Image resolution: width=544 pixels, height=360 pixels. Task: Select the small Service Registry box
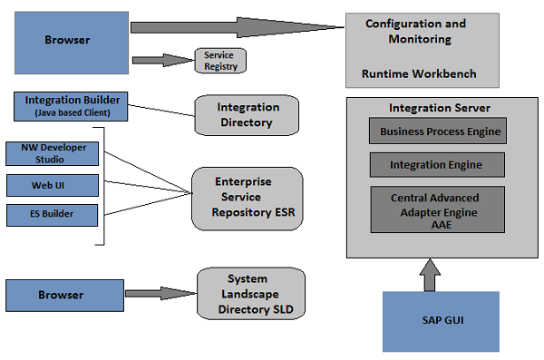pos(220,61)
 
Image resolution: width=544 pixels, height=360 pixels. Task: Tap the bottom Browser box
pos(63,295)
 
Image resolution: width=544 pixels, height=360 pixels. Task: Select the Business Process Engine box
pos(440,131)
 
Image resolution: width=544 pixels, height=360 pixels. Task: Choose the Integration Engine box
pos(435,165)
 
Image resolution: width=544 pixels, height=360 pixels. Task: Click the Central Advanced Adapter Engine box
pos(435,209)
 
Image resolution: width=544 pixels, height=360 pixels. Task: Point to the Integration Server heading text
pos(433,108)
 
